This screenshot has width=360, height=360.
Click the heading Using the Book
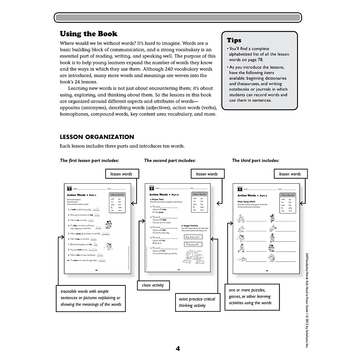tap(88, 34)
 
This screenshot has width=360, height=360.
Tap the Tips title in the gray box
tap(234, 40)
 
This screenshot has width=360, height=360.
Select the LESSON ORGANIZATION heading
tap(97, 137)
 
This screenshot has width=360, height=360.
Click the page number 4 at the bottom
tap(178, 349)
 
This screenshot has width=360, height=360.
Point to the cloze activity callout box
tap(153, 285)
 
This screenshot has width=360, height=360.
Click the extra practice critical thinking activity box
tap(197, 302)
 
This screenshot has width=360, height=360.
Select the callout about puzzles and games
tap(252, 296)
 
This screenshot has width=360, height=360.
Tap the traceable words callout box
tap(91, 298)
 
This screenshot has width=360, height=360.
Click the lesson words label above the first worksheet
tap(121, 174)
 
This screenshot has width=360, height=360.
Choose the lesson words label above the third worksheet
tap(290, 174)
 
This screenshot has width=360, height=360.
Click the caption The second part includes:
tap(170, 160)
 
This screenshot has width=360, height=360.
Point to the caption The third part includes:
tap(256, 160)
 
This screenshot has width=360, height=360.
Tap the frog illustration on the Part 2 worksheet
tap(192, 256)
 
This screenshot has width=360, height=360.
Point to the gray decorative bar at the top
tap(178, 18)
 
